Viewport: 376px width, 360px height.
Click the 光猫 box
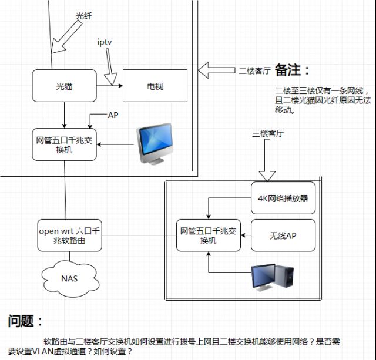click(x=64, y=86)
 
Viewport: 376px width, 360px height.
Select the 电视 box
click(x=155, y=86)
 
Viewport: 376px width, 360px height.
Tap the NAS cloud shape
click(x=70, y=278)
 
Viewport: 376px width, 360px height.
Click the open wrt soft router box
click(x=69, y=235)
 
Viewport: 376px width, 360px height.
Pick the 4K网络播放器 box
click(x=283, y=198)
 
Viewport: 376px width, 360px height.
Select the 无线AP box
click(x=283, y=235)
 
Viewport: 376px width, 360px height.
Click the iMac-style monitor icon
click(x=155, y=144)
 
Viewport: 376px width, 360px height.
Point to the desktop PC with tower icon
click(x=273, y=277)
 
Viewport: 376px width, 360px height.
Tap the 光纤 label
click(x=83, y=16)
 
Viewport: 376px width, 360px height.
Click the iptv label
click(x=105, y=42)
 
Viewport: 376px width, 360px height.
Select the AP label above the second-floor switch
click(x=113, y=115)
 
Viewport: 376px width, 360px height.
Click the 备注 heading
click(x=292, y=70)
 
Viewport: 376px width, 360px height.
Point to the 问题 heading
click(x=25, y=321)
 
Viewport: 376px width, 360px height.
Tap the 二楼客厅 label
click(x=254, y=70)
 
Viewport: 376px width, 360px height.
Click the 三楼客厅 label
click(x=268, y=133)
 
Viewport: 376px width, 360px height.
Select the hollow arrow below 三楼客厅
click(x=267, y=160)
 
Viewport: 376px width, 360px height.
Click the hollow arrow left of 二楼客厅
click(x=216, y=70)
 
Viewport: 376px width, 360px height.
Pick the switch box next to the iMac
click(x=64, y=144)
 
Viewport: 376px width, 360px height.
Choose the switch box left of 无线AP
click(x=209, y=235)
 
